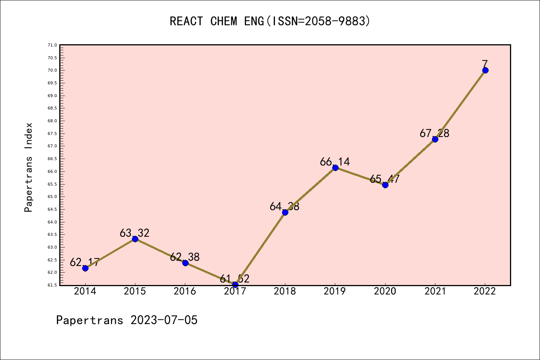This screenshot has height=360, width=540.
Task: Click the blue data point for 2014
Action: click(x=85, y=268)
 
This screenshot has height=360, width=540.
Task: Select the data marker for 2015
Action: click(x=135, y=239)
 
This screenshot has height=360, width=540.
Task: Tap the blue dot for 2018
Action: click(x=285, y=212)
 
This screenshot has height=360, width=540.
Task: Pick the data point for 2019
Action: click(x=335, y=168)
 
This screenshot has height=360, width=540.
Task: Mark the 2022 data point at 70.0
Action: click(x=485, y=70)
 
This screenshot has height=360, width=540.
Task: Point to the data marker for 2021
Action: click(x=435, y=139)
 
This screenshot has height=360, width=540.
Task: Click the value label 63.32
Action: click(x=135, y=233)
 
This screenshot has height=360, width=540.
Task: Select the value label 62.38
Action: click(x=185, y=257)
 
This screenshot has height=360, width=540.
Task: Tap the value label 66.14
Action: click(x=335, y=162)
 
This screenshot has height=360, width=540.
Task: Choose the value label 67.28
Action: click(x=435, y=133)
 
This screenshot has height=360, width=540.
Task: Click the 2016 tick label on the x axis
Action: click(x=185, y=291)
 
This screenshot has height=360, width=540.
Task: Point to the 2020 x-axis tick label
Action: click(x=385, y=291)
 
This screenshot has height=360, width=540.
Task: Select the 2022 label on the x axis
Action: click(x=485, y=291)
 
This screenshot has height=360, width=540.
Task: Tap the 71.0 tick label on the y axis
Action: click(x=52, y=45)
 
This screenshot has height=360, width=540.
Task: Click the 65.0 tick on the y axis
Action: click(x=52, y=196)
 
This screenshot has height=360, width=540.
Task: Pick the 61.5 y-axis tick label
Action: click(x=52, y=285)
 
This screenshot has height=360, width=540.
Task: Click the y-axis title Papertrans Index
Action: click(x=29, y=167)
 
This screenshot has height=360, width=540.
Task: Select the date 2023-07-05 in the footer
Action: click(x=164, y=320)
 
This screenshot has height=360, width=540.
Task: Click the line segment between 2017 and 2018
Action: click(x=260, y=249)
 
